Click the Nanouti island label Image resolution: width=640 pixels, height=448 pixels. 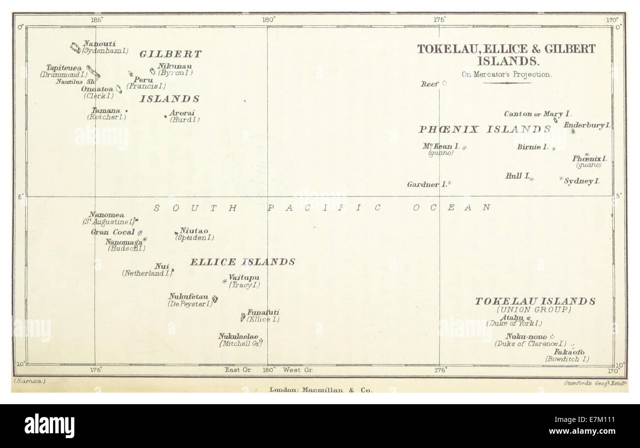(99, 43)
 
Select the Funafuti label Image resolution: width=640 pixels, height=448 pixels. (263, 312)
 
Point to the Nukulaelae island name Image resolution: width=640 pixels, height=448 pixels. (238, 336)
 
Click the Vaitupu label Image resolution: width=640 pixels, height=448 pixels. (244, 278)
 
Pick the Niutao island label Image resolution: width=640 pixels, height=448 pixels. (193, 230)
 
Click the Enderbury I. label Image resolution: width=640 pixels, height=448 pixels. (587, 125)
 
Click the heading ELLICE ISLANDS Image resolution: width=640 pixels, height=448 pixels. (242, 262)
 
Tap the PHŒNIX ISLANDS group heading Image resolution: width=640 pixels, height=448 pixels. (484, 129)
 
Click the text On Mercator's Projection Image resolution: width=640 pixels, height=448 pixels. (506, 75)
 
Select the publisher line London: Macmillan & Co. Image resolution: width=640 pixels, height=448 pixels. (320, 390)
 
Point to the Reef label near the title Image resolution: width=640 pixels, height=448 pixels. (429, 84)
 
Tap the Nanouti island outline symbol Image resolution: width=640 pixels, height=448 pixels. (75, 48)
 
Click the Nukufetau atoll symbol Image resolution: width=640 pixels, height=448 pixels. (215, 298)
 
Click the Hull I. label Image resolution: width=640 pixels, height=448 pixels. (517, 175)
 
